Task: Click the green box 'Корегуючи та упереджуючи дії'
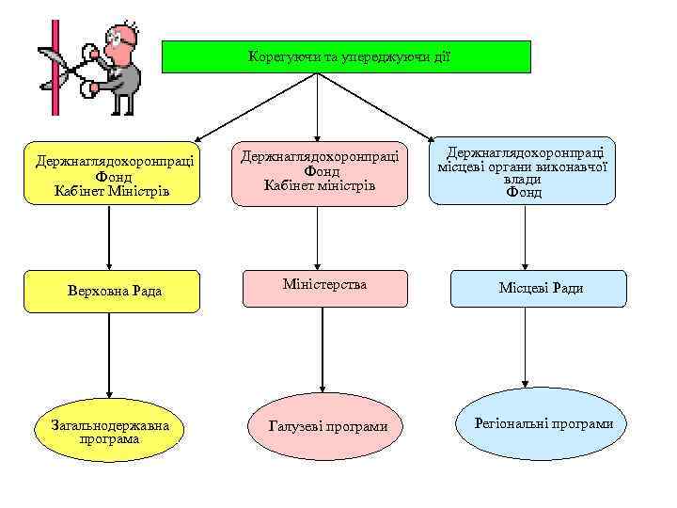346,56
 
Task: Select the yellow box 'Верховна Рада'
110,290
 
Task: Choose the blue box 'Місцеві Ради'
537,288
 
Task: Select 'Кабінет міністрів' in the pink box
320,184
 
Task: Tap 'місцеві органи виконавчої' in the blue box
523,165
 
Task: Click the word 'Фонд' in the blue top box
524,192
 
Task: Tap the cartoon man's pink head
123,36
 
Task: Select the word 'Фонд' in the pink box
321,170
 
